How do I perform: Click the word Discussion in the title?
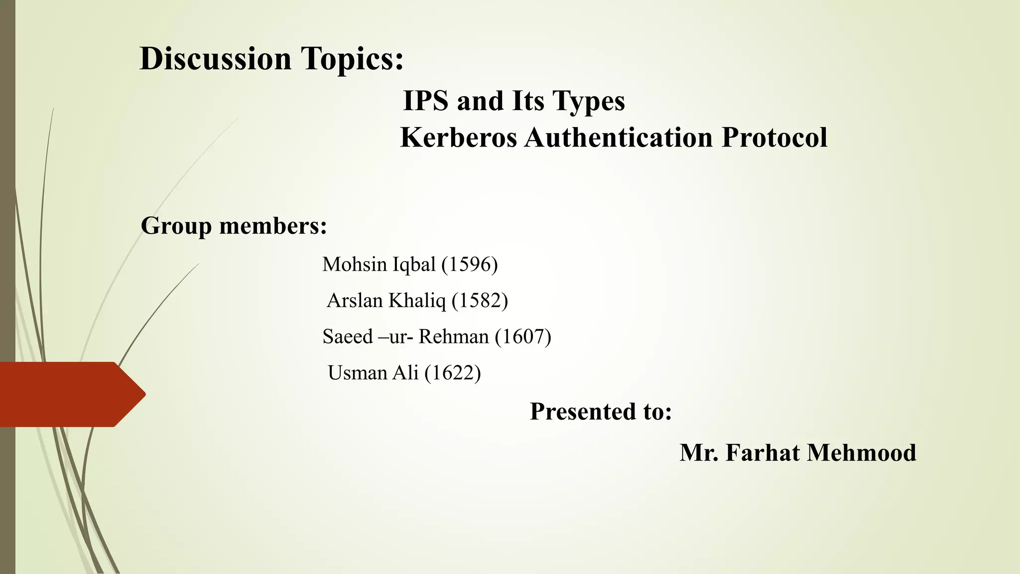coord(215,59)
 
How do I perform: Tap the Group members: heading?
coord(234,226)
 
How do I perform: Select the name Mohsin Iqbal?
coord(379,264)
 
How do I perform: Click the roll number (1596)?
coord(470,264)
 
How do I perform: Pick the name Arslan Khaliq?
coord(386,300)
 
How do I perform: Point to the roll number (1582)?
coord(480,300)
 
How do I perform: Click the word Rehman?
coord(453,337)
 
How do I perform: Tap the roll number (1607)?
coord(523,337)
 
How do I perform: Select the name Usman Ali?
coord(373,373)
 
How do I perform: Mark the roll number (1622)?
coord(453,373)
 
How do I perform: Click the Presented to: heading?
coord(601,412)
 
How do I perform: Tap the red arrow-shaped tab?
coord(70,394)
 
